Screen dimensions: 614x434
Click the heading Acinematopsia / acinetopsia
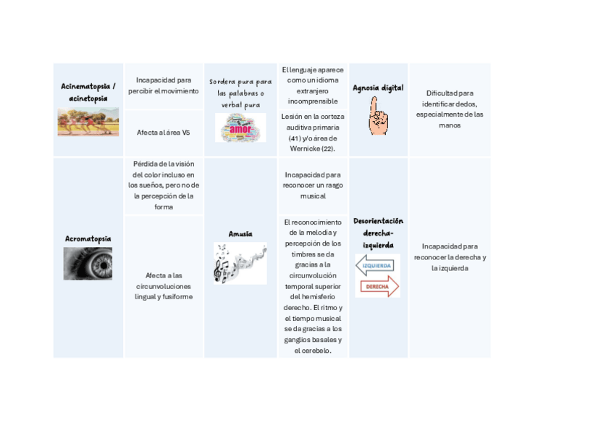tap(88, 92)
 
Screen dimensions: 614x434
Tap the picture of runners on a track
tap(88, 122)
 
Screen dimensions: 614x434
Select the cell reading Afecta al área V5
tap(163, 133)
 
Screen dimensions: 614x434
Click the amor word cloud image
tap(240, 128)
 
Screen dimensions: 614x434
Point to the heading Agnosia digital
tap(378, 88)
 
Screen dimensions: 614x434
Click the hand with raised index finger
tap(377, 116)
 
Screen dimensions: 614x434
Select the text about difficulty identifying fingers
tap(450, 109)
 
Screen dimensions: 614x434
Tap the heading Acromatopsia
tap(88, 238)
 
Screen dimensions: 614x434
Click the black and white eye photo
tap(88, 263)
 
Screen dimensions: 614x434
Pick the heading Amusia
tap(240, 233)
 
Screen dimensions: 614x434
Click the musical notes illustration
tap(240, 262)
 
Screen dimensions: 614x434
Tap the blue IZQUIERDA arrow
tap(377, 266)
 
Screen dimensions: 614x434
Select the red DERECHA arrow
tap(377, 286)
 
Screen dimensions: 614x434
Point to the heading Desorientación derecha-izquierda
tap(378, 233)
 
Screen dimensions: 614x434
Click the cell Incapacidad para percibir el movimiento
tap(163, 85)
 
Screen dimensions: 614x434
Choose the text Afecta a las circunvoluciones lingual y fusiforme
tap(163, 285)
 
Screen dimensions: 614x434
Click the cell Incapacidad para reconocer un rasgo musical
tap(313, 185)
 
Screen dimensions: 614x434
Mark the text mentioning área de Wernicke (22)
tap(313, 132)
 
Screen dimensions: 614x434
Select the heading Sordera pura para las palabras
tap(240, 93)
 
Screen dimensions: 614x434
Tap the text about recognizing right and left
tap(450, 256)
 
